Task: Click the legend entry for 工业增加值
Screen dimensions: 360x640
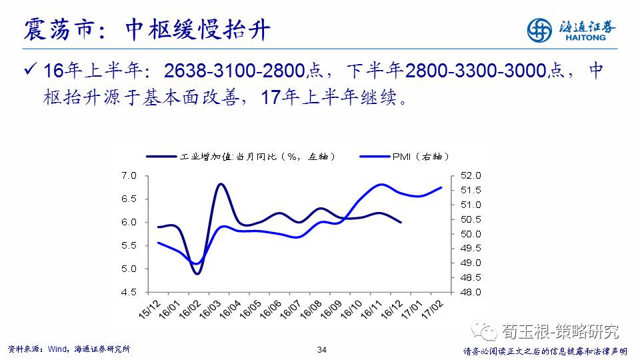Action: [x=240, y=157]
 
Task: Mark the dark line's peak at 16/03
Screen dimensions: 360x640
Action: [x=221, y=184]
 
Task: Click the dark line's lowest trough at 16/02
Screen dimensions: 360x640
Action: [x=197, y=273]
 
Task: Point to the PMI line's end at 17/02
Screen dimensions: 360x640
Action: [x=442, y=187]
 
